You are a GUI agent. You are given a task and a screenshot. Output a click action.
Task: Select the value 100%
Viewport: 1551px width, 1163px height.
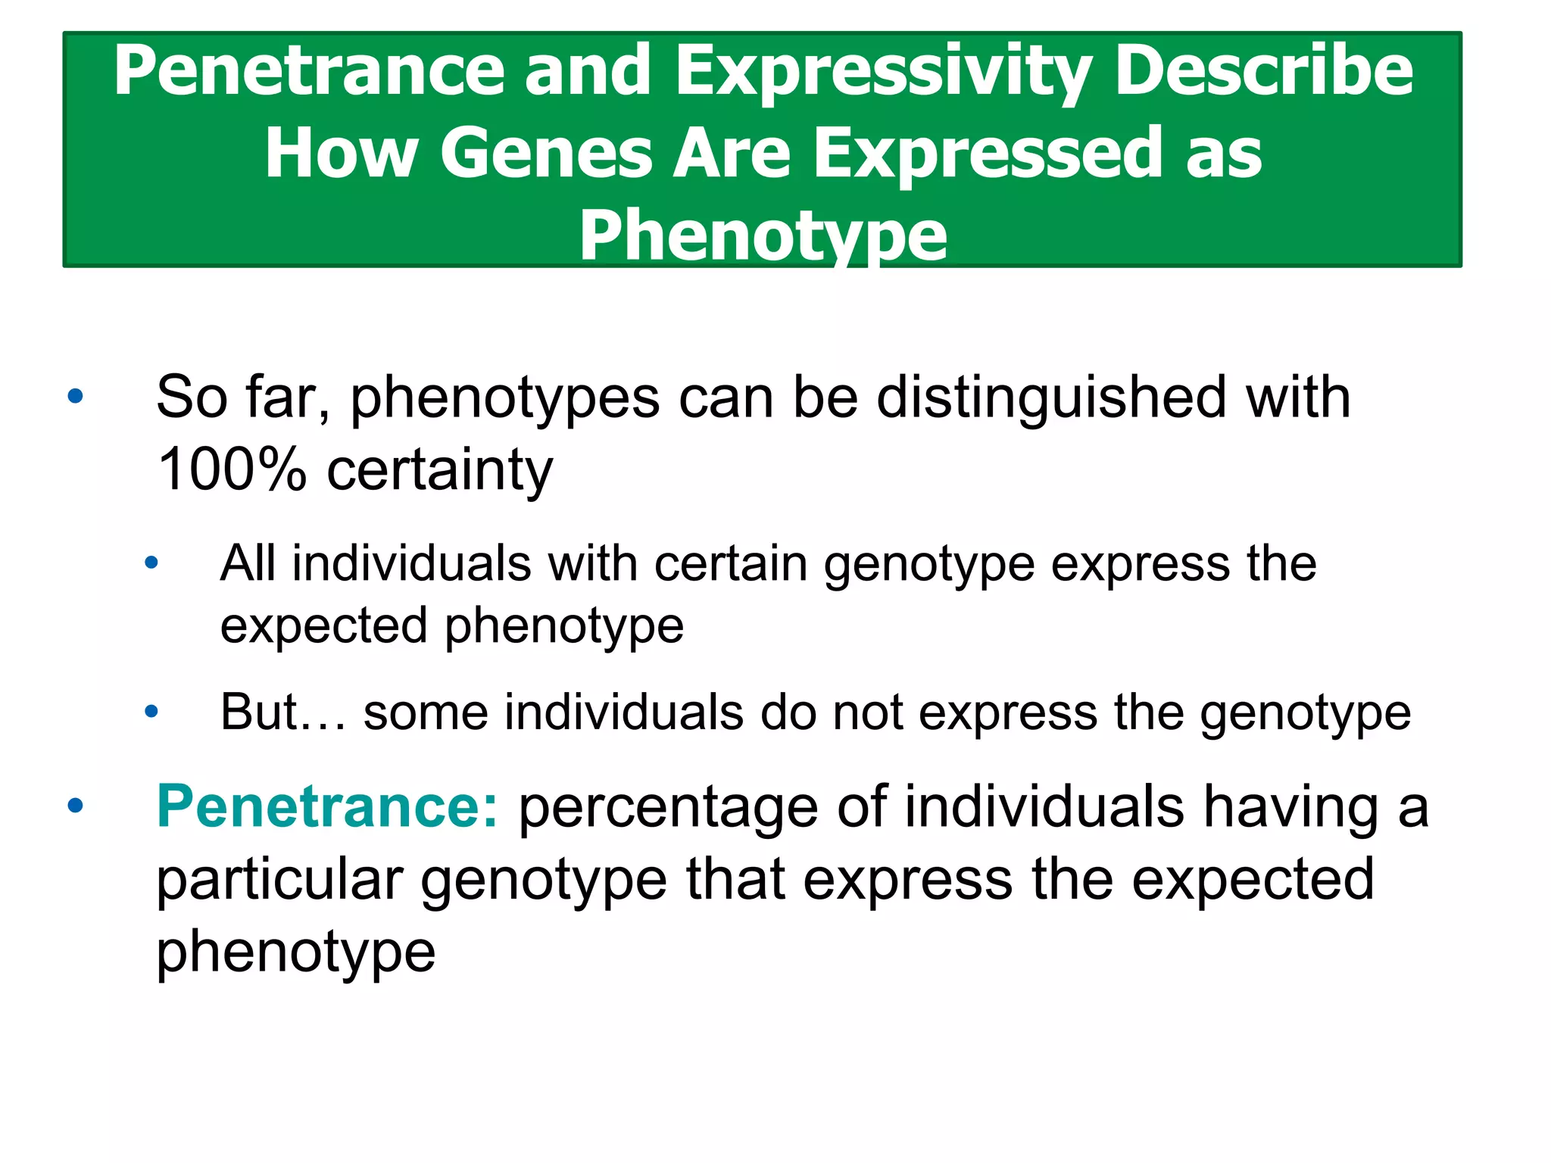point(232,469)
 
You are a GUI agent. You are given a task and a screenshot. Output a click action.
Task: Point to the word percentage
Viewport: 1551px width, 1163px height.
point(668,807)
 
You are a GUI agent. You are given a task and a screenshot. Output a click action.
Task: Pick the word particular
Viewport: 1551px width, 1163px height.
point(279,880)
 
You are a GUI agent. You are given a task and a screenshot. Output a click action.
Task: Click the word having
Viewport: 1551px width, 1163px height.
point(1291,807)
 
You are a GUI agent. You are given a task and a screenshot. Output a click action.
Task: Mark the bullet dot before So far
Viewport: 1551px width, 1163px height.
point(75,396)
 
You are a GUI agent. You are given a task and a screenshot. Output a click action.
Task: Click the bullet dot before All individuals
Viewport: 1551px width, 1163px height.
point(151,563)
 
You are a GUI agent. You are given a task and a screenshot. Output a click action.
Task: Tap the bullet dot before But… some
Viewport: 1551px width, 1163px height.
point(151,711)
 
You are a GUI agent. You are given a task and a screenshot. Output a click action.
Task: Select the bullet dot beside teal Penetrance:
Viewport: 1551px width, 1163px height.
point(75,805)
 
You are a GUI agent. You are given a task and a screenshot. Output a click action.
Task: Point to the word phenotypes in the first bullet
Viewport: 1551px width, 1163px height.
point(504,398)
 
